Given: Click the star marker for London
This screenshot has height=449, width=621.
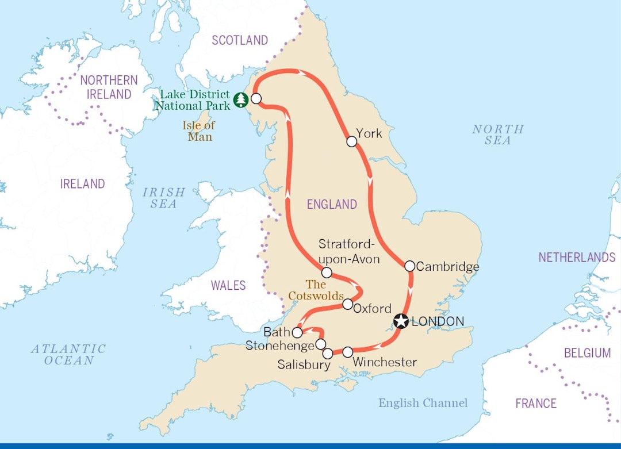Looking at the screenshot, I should [x=401, y=321].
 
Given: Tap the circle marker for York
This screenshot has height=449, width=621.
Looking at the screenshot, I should [x=351, y=141].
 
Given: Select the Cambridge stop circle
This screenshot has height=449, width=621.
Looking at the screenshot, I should [x=409, y=266].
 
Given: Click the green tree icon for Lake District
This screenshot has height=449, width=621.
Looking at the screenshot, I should [x=241, y=101].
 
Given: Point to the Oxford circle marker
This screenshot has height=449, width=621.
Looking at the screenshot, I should [x=347, y=304].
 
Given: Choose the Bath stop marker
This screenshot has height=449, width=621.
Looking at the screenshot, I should [x=297, y=332].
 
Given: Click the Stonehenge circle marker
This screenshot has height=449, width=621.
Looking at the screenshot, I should [x=321, y=344].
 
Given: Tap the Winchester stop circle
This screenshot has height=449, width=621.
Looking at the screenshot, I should [x=347, y=352].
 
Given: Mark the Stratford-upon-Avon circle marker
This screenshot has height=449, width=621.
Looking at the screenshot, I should [x=327, y=273].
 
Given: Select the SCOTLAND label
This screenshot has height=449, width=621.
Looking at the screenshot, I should [x=240, y=40].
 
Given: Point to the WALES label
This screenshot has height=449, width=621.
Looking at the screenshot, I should [x=228, y=285].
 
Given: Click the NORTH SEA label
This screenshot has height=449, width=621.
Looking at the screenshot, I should [x=498, y=135].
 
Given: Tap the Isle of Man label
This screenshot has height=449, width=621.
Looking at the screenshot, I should [x=199, y=131].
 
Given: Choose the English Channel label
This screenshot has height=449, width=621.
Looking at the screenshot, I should [x=423, y=403].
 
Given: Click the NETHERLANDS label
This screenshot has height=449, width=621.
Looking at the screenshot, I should [x=577, y=258].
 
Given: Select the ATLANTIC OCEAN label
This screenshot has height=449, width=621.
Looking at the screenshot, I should [x=68, y=355].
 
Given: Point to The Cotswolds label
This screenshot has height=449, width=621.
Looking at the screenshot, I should [x=316, y=290].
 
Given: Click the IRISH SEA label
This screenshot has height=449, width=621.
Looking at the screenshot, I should [x=164, y=198].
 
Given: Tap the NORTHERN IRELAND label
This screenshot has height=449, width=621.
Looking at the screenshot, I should [x=109, y=87].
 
